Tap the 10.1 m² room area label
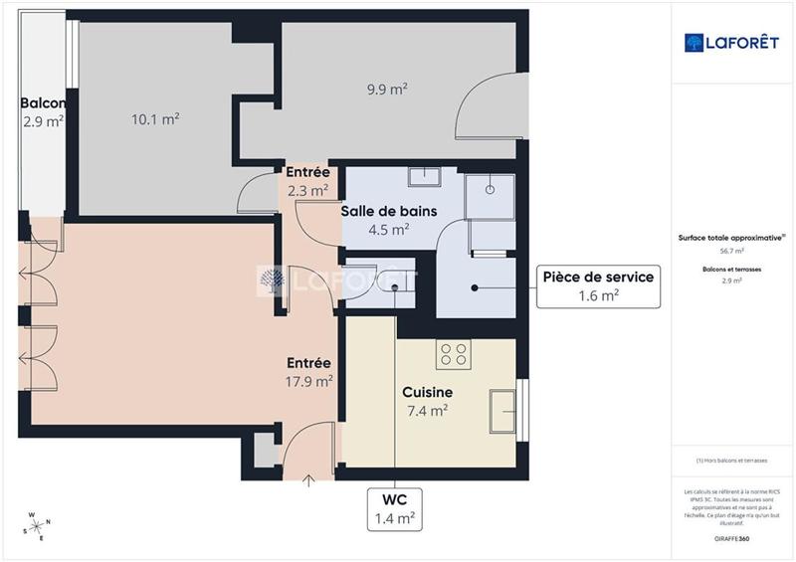point(155,118)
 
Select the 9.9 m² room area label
point(387,89)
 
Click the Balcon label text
point(43,103)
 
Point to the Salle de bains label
point(388,211)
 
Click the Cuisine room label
point(428,392)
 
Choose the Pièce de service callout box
point(598,285)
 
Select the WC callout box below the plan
point(395,507)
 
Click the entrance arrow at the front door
point(307,482)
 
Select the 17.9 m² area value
point(308,381)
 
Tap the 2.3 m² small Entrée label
point(307,190)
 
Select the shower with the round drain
point(490,194)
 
